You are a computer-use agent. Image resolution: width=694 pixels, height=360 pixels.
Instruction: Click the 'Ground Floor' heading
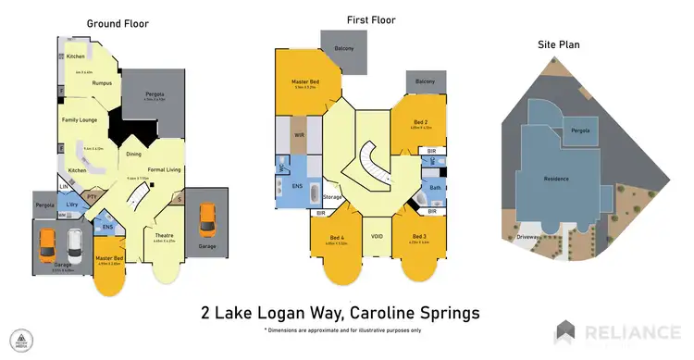[x=119, y=23]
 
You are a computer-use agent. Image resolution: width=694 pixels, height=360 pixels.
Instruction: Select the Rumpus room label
[x=102, y=83]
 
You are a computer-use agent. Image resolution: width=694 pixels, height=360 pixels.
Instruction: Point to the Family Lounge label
[x=80, y=120]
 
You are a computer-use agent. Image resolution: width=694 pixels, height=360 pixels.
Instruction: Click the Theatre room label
[x=164, y=236]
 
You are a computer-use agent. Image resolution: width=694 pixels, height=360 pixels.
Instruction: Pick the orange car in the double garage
[x=48, y=246]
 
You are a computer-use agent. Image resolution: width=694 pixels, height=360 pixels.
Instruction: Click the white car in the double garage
[x=74, y=246]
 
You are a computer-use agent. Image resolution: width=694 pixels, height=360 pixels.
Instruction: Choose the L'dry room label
[x=71, y=205]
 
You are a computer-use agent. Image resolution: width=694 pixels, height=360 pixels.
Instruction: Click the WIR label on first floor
[x=299, y=135]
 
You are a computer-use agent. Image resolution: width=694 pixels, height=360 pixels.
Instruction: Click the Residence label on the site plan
[x=556, y=179]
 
